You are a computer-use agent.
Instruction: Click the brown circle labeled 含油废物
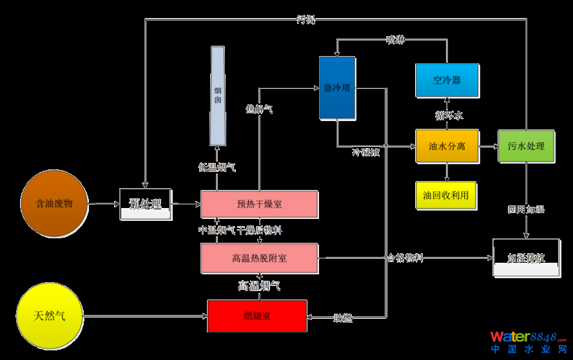[54, 204]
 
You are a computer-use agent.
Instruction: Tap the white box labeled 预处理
[146, 204]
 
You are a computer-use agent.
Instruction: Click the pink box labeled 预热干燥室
[259, 204]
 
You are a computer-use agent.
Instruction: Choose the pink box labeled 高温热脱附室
[259, 258]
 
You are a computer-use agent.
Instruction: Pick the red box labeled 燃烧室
[257, 316]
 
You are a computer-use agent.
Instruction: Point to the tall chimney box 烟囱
[218, 96]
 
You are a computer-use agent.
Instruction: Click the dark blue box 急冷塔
[337, 88]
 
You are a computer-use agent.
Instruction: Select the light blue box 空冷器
[447, 81]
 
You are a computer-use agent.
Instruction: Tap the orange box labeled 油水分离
[447, 146]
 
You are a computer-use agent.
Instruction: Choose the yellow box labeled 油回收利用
[446, 194]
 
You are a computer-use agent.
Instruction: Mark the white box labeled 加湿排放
[526, 258]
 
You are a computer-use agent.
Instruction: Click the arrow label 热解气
[259, 109]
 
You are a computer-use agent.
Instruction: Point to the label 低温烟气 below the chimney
[217, 167]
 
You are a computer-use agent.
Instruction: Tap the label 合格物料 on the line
[405, 258]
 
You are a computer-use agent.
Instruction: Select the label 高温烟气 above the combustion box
[259, 285]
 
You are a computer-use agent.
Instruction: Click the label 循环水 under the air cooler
[449, 115]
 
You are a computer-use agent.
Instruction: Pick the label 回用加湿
[526, 210]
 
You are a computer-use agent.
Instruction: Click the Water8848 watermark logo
[528, 341]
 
